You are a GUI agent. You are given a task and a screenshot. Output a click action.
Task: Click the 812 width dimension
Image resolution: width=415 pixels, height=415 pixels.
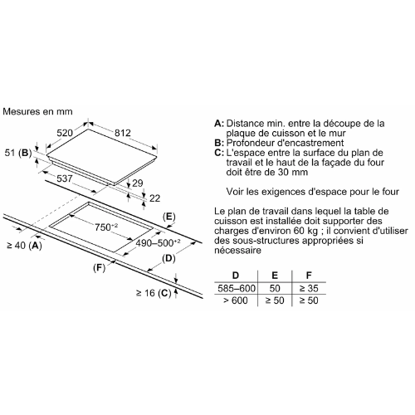pos(123,133)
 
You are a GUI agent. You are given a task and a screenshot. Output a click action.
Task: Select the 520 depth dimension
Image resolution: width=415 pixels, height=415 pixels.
pos(65,133)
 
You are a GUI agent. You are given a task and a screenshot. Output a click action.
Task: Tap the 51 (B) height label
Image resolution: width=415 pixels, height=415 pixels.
pos(18,153)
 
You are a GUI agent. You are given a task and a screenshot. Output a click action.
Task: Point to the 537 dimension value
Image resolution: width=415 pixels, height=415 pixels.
pos(65,178)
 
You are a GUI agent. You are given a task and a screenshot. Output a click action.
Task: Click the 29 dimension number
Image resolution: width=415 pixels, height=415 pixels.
pos(138,183)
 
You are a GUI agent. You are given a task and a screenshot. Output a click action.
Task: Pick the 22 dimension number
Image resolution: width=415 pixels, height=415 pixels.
pos(154,198)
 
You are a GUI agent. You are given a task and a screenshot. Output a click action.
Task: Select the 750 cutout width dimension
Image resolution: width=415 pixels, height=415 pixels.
pos(106,227)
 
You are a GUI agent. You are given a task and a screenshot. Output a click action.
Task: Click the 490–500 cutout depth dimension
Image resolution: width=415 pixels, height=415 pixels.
pos(158,243)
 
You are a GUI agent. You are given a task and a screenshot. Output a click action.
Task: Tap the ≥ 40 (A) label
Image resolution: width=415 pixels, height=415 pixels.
pos(24,246)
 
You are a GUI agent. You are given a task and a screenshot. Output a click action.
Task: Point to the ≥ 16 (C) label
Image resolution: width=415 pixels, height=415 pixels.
pos(154,293)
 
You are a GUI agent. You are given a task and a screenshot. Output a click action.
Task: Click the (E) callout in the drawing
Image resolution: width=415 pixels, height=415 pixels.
pos(169,217)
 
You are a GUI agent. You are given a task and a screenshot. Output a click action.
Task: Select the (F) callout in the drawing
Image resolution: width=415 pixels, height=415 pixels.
pos(100,268)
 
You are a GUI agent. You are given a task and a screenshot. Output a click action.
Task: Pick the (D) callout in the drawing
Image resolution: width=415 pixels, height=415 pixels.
pos(168,258)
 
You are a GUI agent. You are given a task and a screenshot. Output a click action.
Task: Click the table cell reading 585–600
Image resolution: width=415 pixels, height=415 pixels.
pos(237,289)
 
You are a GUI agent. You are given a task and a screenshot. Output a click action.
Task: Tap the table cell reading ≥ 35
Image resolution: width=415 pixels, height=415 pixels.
pos(309,289)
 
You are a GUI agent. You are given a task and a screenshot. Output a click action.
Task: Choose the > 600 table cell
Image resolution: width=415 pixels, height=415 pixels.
pos(236,300)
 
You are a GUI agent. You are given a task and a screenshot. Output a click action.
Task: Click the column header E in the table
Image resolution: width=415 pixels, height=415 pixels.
pos(275,276)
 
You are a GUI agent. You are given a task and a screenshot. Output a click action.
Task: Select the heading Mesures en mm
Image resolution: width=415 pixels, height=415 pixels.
pos(37,111)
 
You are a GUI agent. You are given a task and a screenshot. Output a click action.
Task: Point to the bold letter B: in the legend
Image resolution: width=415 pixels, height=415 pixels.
pos(219,143)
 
